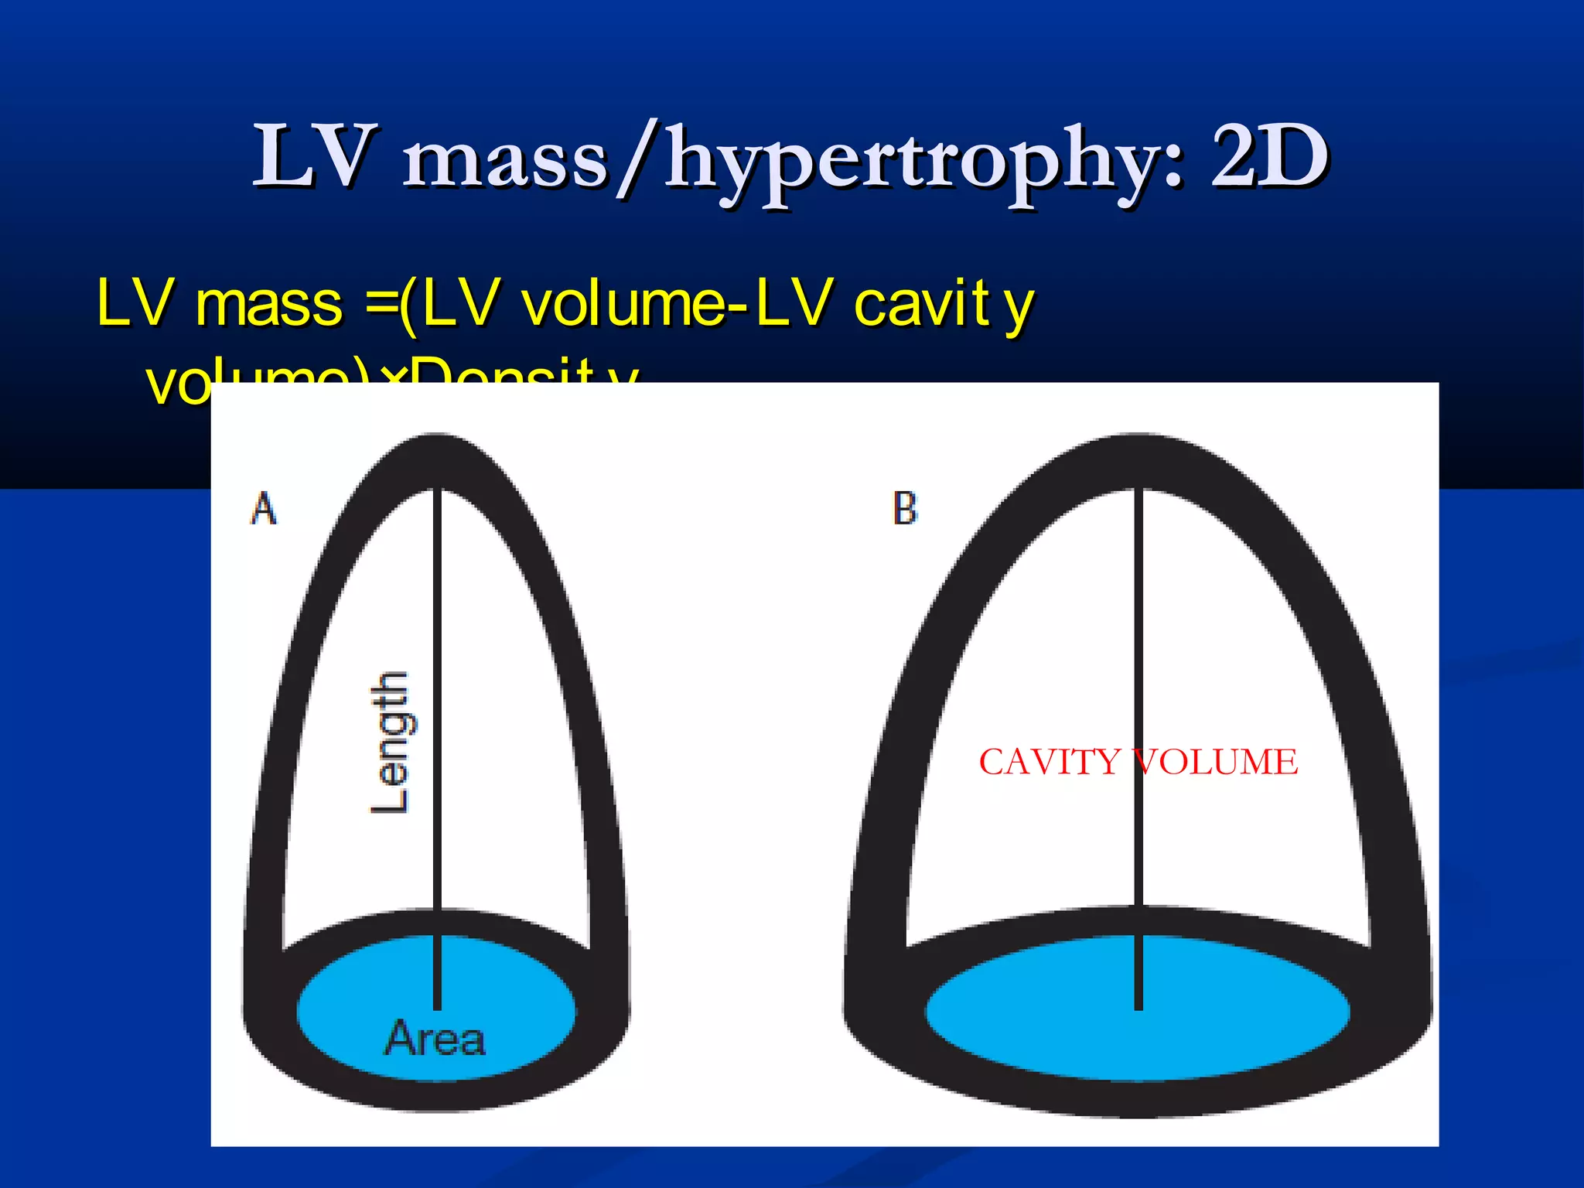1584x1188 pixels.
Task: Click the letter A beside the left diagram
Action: tap(264, 509)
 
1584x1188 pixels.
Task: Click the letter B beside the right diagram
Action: tap(905, 509)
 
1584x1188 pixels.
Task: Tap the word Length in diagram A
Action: tap(391, 742)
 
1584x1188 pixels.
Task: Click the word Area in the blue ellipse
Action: tap(435, 1038)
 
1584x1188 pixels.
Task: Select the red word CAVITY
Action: tap(1049, 763)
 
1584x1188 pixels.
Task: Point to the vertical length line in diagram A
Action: tap(437, 696)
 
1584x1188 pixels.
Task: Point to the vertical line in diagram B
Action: tap(1138, 619)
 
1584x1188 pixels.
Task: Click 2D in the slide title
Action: tap(1269, 158)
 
